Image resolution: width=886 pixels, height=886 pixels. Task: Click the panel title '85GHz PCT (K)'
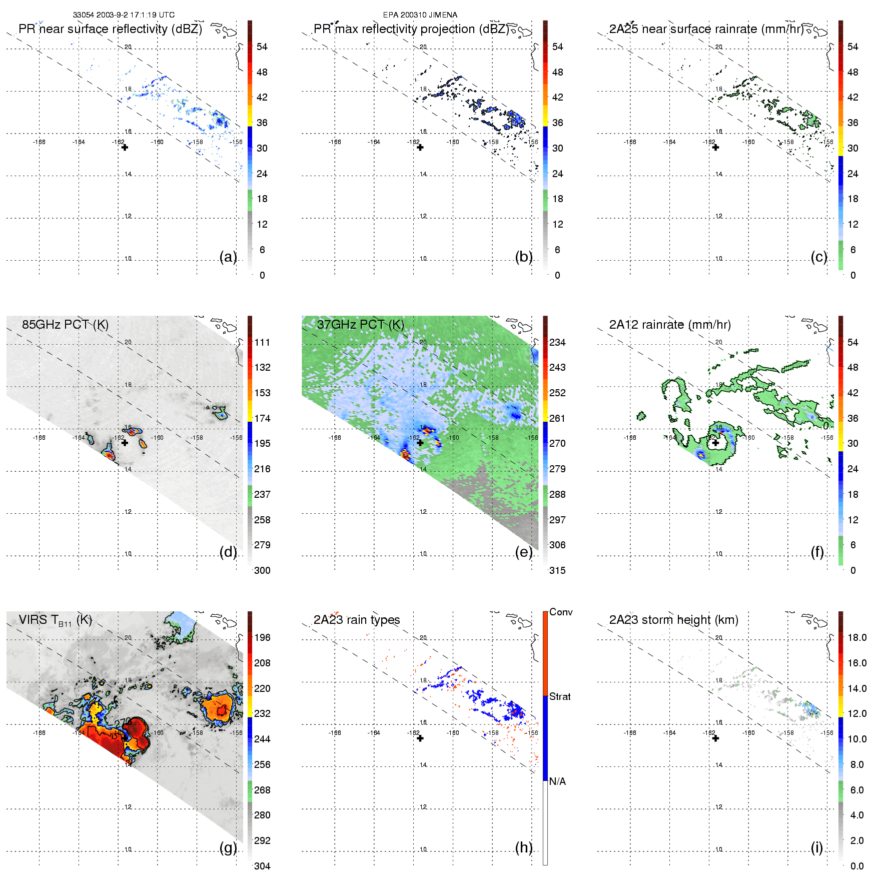coord(65,325)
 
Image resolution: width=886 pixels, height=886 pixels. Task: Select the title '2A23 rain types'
coord(356,620)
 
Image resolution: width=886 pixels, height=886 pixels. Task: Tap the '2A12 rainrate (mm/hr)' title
coord(669,325)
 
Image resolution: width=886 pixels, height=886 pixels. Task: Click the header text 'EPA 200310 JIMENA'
coord(420,15)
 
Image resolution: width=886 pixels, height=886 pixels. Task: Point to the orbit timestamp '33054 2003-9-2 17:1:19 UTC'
coord(124,15)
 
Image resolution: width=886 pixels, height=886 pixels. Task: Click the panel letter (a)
coord(228,257)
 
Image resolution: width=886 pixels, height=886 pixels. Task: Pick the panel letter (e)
coord(524,552)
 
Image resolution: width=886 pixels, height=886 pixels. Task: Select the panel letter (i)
coord(816,847)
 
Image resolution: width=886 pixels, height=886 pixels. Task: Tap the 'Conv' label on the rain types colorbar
coord(560,612)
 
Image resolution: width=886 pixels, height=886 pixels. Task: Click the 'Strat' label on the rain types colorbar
coord(559,696)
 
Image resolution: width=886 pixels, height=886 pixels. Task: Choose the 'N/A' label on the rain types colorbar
coord(557,781)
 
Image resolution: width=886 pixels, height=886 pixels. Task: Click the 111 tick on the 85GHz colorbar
coord(262,342)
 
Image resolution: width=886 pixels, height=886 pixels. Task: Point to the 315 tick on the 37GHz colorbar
coord(557,570)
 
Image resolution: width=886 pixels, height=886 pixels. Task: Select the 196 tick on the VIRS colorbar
coord(262,637)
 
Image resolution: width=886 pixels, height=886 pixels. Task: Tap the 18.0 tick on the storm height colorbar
coord(856,637)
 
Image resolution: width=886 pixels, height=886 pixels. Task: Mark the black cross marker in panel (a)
coord(125,148)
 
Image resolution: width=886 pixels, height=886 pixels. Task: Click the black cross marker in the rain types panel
coord(420,738)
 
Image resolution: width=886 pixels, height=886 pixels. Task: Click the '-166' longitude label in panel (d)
coord(39,438)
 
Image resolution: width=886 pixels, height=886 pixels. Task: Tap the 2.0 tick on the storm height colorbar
coord(856,840)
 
